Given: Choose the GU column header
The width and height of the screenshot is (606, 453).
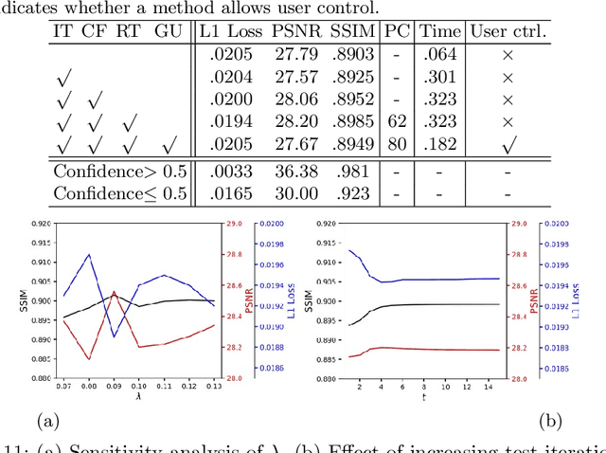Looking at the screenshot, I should (168, 31).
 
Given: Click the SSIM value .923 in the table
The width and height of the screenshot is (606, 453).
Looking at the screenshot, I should (349, 194).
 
